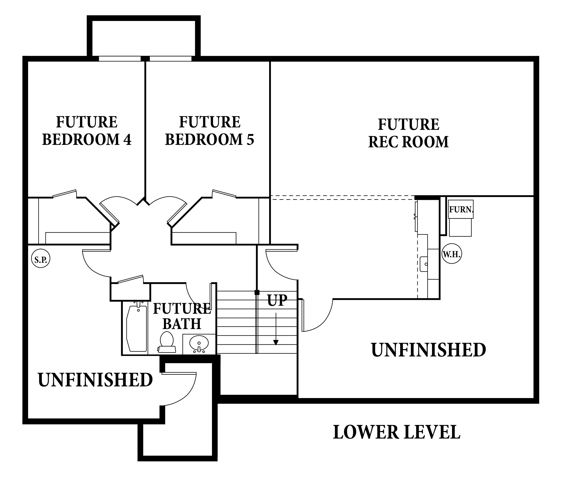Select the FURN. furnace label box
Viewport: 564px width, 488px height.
tap(461, 210)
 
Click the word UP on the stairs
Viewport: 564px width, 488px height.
tap(277, 300)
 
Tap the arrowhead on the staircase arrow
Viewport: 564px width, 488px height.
tap(276, 342)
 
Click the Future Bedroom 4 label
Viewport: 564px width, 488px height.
tap(87, 131)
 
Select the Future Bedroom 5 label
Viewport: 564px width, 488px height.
tap(210, 131)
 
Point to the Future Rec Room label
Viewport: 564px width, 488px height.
tap(409, 133)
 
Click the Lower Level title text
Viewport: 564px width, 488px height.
tap(397, 432)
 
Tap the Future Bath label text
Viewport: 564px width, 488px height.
tap(182, 316)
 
